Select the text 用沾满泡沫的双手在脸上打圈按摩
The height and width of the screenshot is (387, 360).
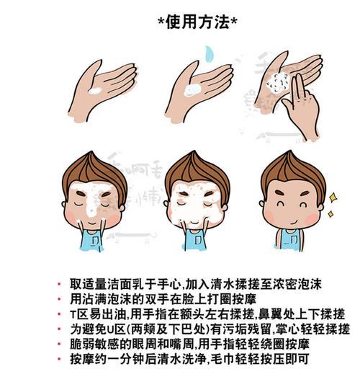(x=152, y=298)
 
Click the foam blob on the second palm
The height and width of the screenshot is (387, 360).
(x=192, y=90)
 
